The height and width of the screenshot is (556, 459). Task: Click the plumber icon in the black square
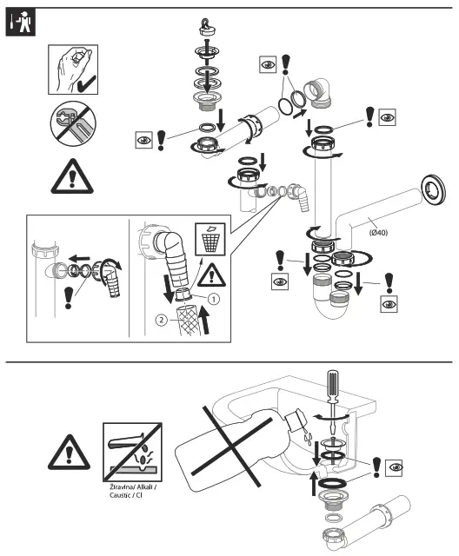(x=18, y=24)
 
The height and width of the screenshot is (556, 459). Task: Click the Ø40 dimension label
(x=377, y=232)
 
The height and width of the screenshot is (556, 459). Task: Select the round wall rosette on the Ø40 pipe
(x=429, y=184)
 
